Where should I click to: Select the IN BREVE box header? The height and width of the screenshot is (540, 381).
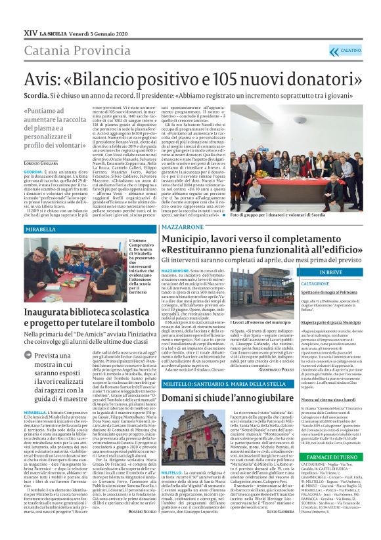click(331, 272)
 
